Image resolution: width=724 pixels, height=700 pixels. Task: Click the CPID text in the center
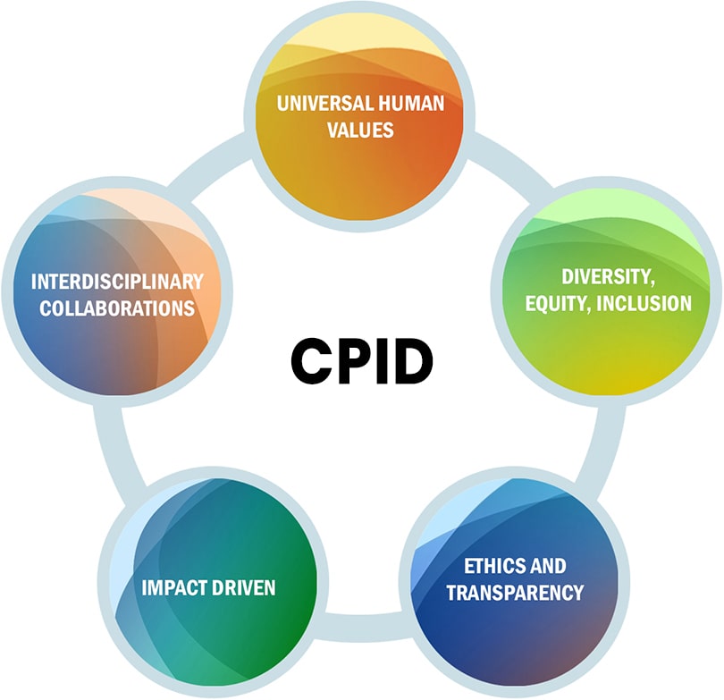(x=362, y=361)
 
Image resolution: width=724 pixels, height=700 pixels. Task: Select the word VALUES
(x=360, y=130)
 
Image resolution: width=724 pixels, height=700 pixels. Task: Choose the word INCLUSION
(x=644, y=303)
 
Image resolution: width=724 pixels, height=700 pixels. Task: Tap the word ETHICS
(x=490, y=566)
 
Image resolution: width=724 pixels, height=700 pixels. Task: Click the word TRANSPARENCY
(x=515, y=593)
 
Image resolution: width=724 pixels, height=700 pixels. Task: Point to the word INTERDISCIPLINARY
(x=117, y=282)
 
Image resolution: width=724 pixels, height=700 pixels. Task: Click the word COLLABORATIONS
(x=117, y=308)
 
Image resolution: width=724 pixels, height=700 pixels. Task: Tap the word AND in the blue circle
(x=543, y=566)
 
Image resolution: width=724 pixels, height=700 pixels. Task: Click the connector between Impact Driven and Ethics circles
(x=364, y=627)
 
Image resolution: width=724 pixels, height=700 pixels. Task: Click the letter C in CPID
(x=308, y=361)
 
